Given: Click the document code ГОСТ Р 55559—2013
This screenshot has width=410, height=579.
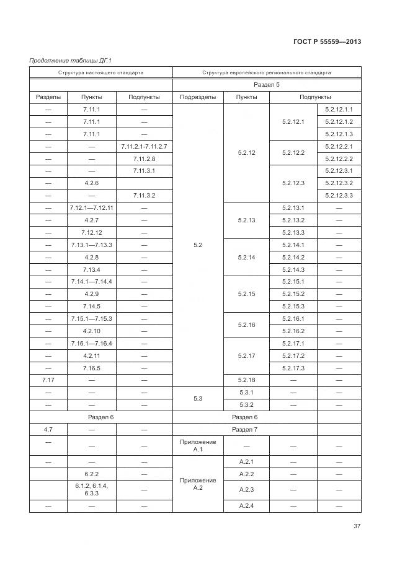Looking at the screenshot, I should tap(326, 41).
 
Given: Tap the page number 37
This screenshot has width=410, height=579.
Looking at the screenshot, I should tap(357, 526).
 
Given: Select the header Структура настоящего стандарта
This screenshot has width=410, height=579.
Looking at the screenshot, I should tap(100, 72).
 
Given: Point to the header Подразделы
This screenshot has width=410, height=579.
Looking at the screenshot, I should tap(197, 97).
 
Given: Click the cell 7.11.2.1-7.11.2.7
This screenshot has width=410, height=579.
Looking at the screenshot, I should tap(144, 146).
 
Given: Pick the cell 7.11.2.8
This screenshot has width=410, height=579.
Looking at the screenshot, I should tap(144, 159).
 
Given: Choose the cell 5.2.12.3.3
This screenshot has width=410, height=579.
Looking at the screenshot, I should tap(339, 196).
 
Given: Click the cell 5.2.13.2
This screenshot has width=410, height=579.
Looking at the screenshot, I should tap(293, 220).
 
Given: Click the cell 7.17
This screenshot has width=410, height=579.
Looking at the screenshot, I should tap(48, 380).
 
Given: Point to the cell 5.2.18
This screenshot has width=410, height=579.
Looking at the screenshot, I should tap(246, 380).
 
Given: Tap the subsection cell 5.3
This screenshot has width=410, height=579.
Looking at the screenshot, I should tap(197, 398).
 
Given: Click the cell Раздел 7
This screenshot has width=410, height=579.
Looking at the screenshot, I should tap(244, 429).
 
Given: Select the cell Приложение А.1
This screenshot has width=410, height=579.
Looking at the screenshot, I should tap(197, 445).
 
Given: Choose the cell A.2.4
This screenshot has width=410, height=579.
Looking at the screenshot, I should tap(246, 506).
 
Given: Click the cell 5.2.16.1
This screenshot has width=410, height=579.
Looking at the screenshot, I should tap(293, 318).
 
